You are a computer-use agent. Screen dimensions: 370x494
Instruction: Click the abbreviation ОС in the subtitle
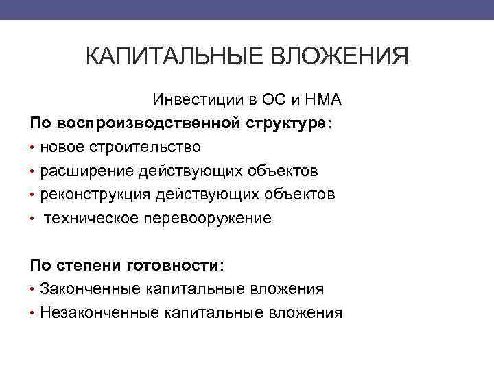271,100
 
